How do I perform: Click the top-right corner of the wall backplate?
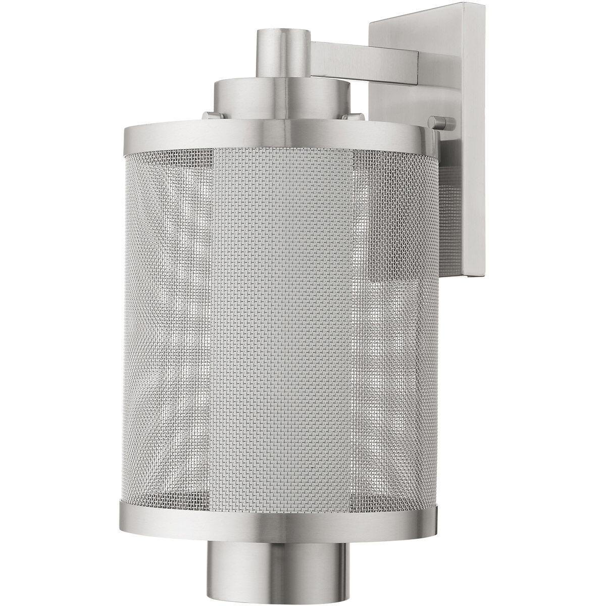[x=476, y=6]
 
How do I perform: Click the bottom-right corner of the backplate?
[x=477, y=276]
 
